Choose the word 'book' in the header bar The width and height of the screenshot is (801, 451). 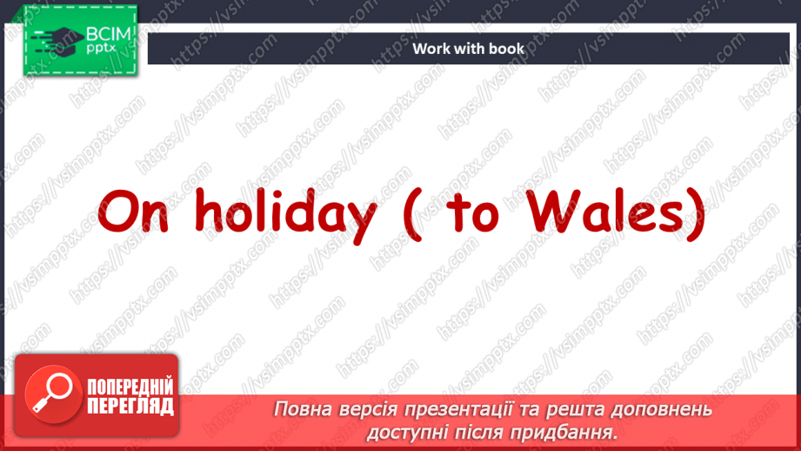[x=507, y=49]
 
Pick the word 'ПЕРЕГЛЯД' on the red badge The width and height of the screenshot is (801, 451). [x=130, y=406]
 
